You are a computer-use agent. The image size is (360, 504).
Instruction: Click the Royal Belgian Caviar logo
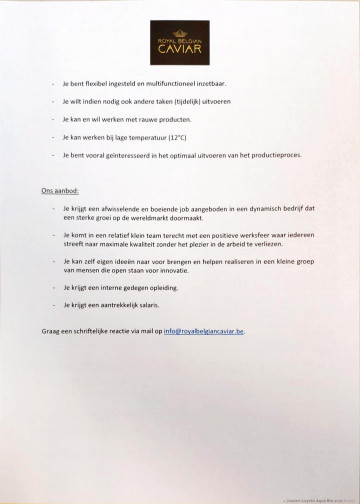(x=181, y=39)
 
